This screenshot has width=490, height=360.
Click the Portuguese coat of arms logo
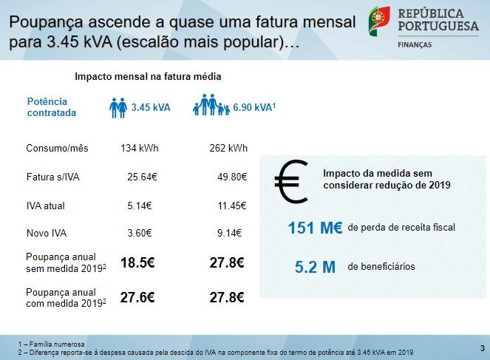coord(379,21)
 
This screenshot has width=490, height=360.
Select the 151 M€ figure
coord(315,228)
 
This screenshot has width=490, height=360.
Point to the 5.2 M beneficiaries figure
coord(315,267)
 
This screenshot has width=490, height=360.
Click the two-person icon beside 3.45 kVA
coord(118,107)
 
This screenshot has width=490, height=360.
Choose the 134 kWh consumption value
coord(140,149)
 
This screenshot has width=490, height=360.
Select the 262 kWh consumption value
coord(228,149)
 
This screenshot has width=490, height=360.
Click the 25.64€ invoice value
coord(142,177)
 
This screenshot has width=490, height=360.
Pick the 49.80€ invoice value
coord(231,177)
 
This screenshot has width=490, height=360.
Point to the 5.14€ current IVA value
coord(140,206)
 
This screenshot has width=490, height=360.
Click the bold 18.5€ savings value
coord(137,262)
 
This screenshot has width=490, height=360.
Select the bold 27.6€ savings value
coord(137,297)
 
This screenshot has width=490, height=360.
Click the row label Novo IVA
coord(46,234)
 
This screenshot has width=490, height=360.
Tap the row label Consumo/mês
coord(57,149)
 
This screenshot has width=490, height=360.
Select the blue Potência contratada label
coord(51,107)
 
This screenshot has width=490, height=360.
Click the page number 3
coord(481,347)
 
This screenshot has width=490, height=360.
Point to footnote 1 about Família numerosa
coord(52,344)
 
